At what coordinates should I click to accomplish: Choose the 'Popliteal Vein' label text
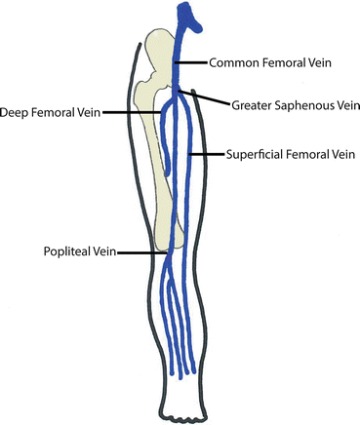point(78,251)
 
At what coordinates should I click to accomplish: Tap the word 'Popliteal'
point(65,251)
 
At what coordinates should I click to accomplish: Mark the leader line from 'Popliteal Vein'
point(142,251)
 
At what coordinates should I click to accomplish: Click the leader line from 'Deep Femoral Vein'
point(132,111)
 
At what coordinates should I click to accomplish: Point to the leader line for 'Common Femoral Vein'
point(193,61)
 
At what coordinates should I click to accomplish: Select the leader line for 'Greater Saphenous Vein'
point(213,98)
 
